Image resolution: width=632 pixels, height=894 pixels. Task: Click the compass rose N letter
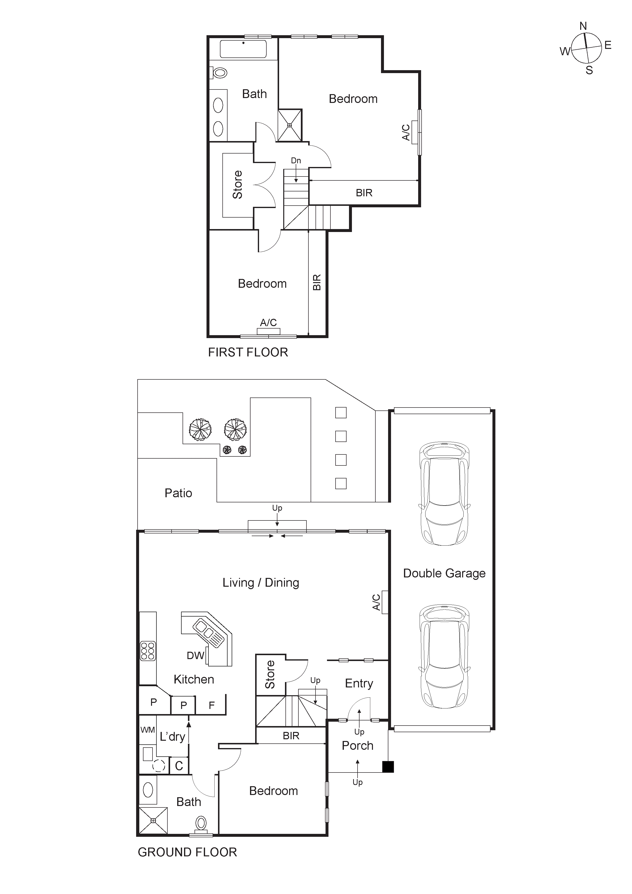(583, 26)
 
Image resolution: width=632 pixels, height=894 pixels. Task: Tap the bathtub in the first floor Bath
(243, 49)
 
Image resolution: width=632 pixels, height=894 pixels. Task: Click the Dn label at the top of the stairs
(296, 160)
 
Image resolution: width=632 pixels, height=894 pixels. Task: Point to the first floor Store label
(237, 185)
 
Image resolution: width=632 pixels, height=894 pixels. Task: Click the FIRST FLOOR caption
(248, 352)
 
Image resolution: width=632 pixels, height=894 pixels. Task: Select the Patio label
(178, 493)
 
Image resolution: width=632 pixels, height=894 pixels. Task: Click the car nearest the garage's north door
(444, 494)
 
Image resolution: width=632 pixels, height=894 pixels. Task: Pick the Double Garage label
(444, 574)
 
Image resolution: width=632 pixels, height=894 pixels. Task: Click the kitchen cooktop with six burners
(148, 651)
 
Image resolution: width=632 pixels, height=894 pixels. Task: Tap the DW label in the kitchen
(195, 656)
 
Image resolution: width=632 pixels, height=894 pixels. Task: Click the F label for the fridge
(212, 705)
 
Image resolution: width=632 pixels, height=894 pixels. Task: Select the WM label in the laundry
(148, 730)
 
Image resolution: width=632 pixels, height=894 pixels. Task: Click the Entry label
(359, 683)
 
